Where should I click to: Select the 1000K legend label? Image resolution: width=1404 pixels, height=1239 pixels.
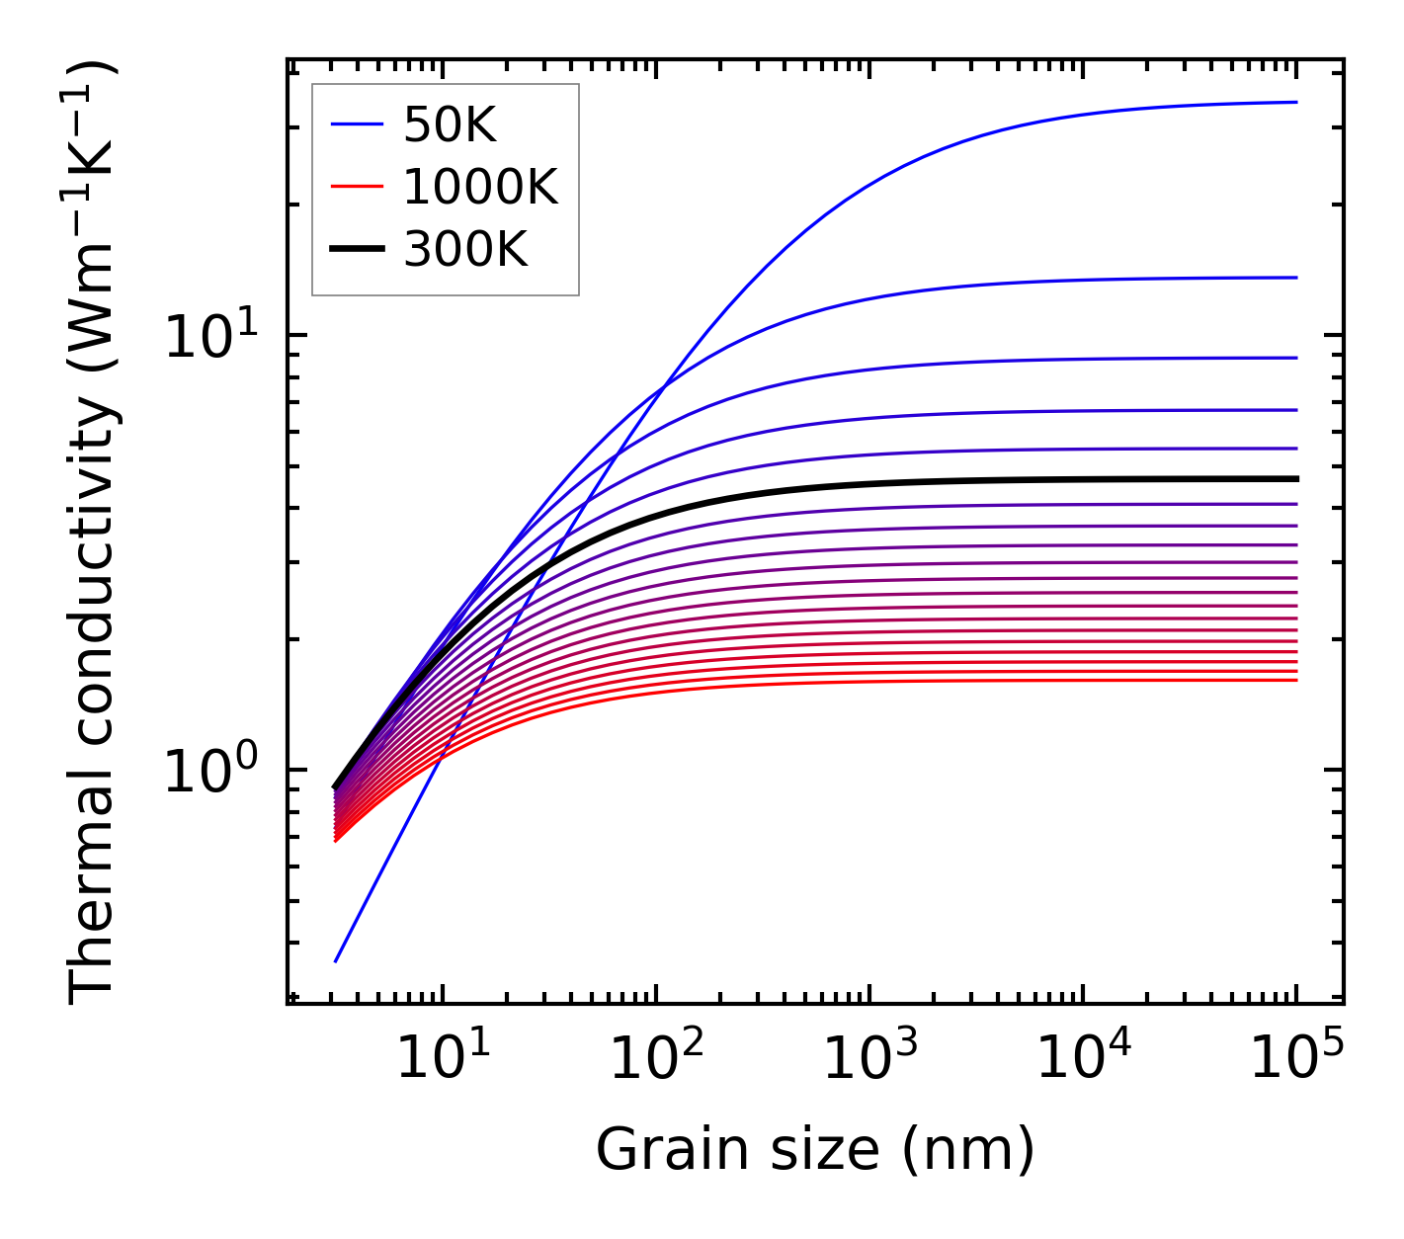click(x=480, y=187)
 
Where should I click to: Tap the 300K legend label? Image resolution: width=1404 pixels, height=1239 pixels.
click(x=465, y=250)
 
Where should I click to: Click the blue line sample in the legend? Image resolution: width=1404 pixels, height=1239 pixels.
click(x=356, y=124)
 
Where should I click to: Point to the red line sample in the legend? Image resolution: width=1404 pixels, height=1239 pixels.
click(x=356, y=187)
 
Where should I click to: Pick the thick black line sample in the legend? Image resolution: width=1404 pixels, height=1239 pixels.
click(x=356, y=249)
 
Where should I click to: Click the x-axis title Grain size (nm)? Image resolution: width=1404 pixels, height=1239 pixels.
click(x=815, y=1150)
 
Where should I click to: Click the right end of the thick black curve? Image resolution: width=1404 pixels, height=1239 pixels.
click(x=1295, y=479)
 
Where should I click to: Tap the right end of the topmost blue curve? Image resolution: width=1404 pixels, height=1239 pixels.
click(x=1295, y=102)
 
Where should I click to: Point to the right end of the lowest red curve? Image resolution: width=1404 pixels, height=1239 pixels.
click(x=1295, y=680)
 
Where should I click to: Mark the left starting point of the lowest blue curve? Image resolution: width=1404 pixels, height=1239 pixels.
click(x=336, y=961)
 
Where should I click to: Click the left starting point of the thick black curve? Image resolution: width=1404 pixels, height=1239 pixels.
click(x=336, y=787)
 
